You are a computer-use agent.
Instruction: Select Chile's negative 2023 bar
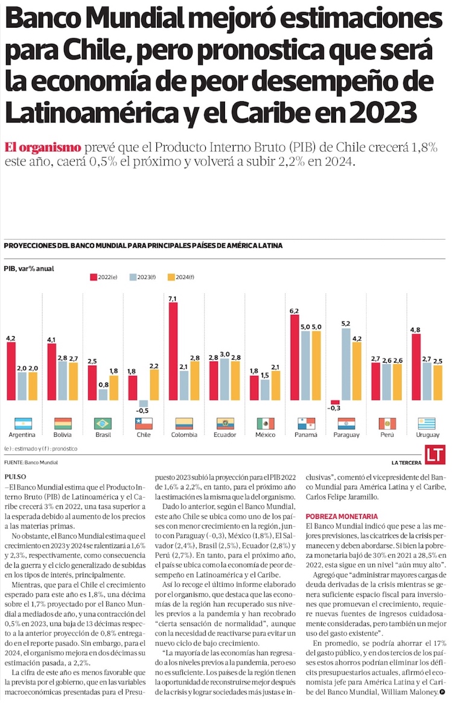(x=143, y=403)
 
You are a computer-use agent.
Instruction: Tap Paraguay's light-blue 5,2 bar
(x=346, y=363)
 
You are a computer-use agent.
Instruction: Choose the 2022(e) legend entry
(x=104, y=277)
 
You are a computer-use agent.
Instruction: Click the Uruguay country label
(x=428, y=434)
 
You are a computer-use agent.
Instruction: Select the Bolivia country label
(x=63, y=434)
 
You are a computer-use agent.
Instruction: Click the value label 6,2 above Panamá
(x=294, y=311)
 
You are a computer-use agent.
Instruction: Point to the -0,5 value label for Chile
(x=143, y=411)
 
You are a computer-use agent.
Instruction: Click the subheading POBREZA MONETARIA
(x=342, y=516)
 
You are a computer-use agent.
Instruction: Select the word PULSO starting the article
(x=15, y=476)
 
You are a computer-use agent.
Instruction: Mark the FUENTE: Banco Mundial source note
(x=31, y=463)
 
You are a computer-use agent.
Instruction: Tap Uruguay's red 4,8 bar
(x=416, y=367)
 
